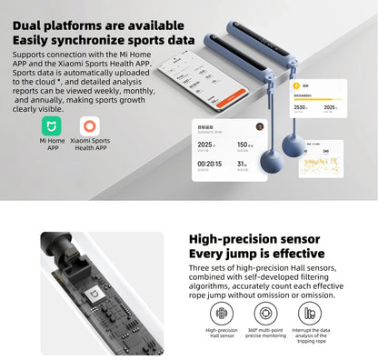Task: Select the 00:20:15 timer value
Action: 210,165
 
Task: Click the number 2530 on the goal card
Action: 302,107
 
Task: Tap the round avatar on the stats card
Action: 258,126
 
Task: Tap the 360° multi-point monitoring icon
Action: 265,310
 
